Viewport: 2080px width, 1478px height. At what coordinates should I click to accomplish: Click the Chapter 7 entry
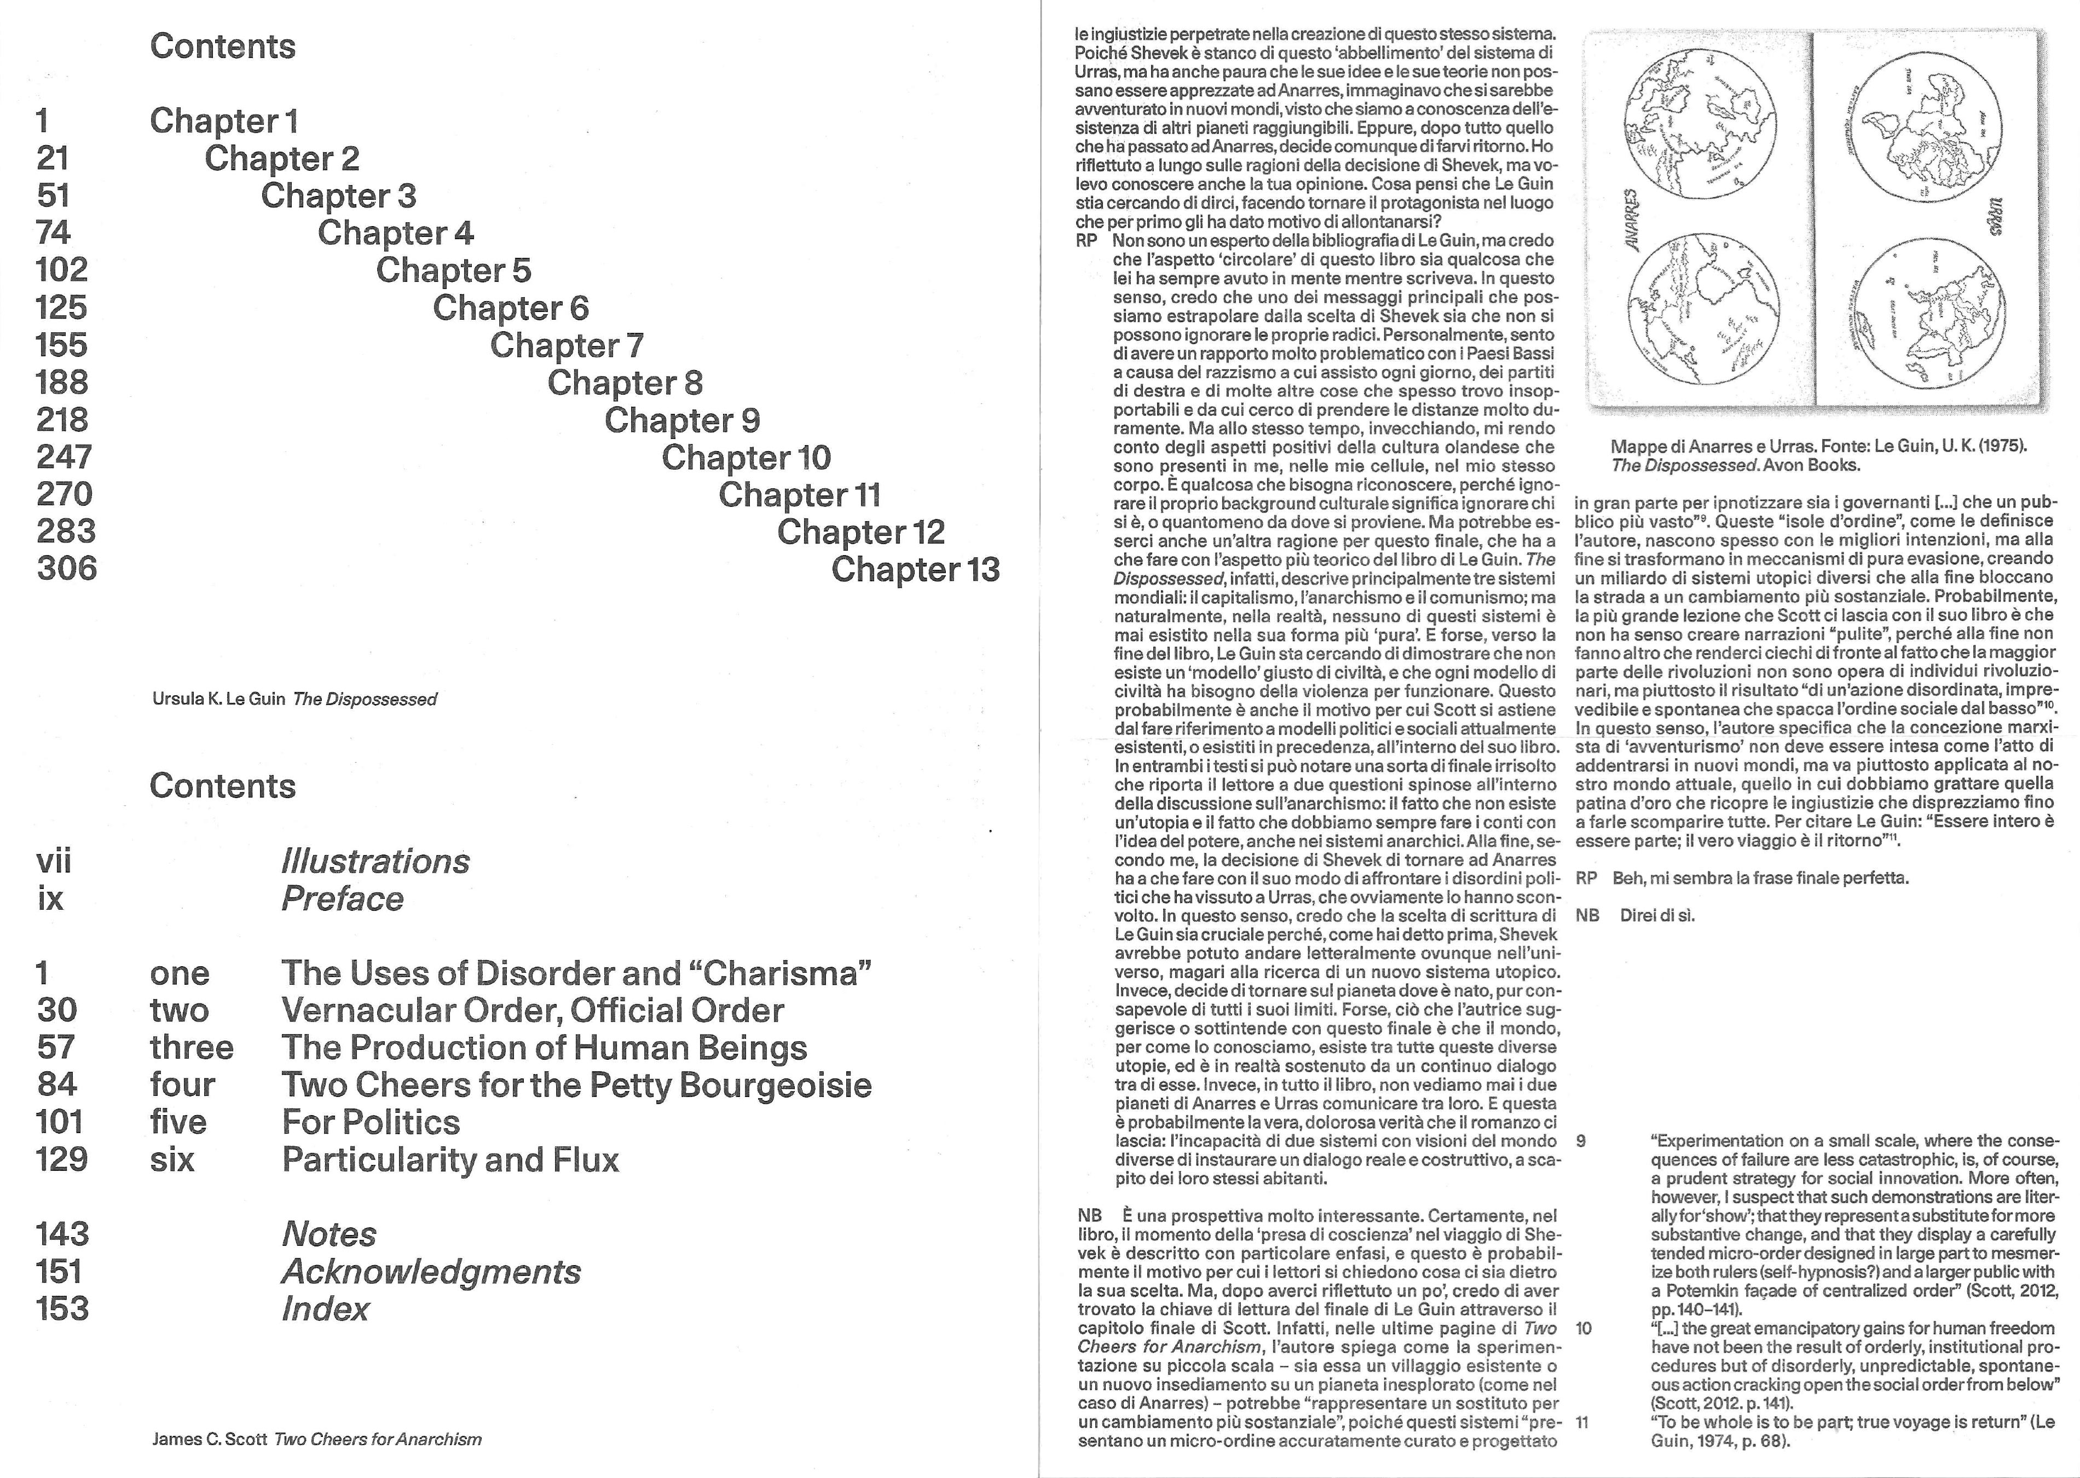(x=567, y=346)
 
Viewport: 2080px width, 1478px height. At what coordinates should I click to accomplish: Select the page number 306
(x=66, y=569)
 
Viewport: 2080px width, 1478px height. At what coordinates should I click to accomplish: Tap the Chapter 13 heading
(x=915, y=570)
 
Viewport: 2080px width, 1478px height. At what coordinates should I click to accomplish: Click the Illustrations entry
(x=375, y=861)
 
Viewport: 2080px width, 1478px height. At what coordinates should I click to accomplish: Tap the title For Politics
(x=371, y=1122)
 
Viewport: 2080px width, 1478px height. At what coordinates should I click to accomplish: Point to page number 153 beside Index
(x=62, y=1309)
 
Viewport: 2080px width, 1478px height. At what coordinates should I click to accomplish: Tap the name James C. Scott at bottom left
(x=209, y=1440)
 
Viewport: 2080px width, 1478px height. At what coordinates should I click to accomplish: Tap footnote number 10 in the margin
(x=1584, y=1329)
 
